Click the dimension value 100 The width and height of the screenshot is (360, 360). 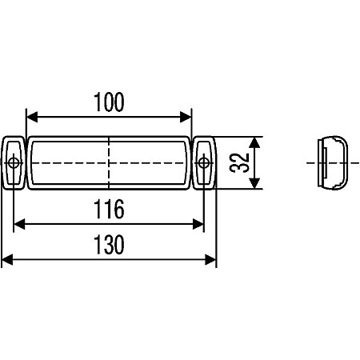(109, 102)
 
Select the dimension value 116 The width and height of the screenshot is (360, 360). (109, 210)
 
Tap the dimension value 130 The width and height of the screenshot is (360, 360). (109, 245)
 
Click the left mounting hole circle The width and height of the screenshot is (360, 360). (14, 164)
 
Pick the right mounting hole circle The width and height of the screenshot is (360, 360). (204, 164)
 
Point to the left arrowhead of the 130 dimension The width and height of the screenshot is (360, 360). (7, 259)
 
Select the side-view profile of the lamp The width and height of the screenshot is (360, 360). (331, 163)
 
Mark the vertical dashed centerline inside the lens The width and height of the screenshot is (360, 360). (109, 152)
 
